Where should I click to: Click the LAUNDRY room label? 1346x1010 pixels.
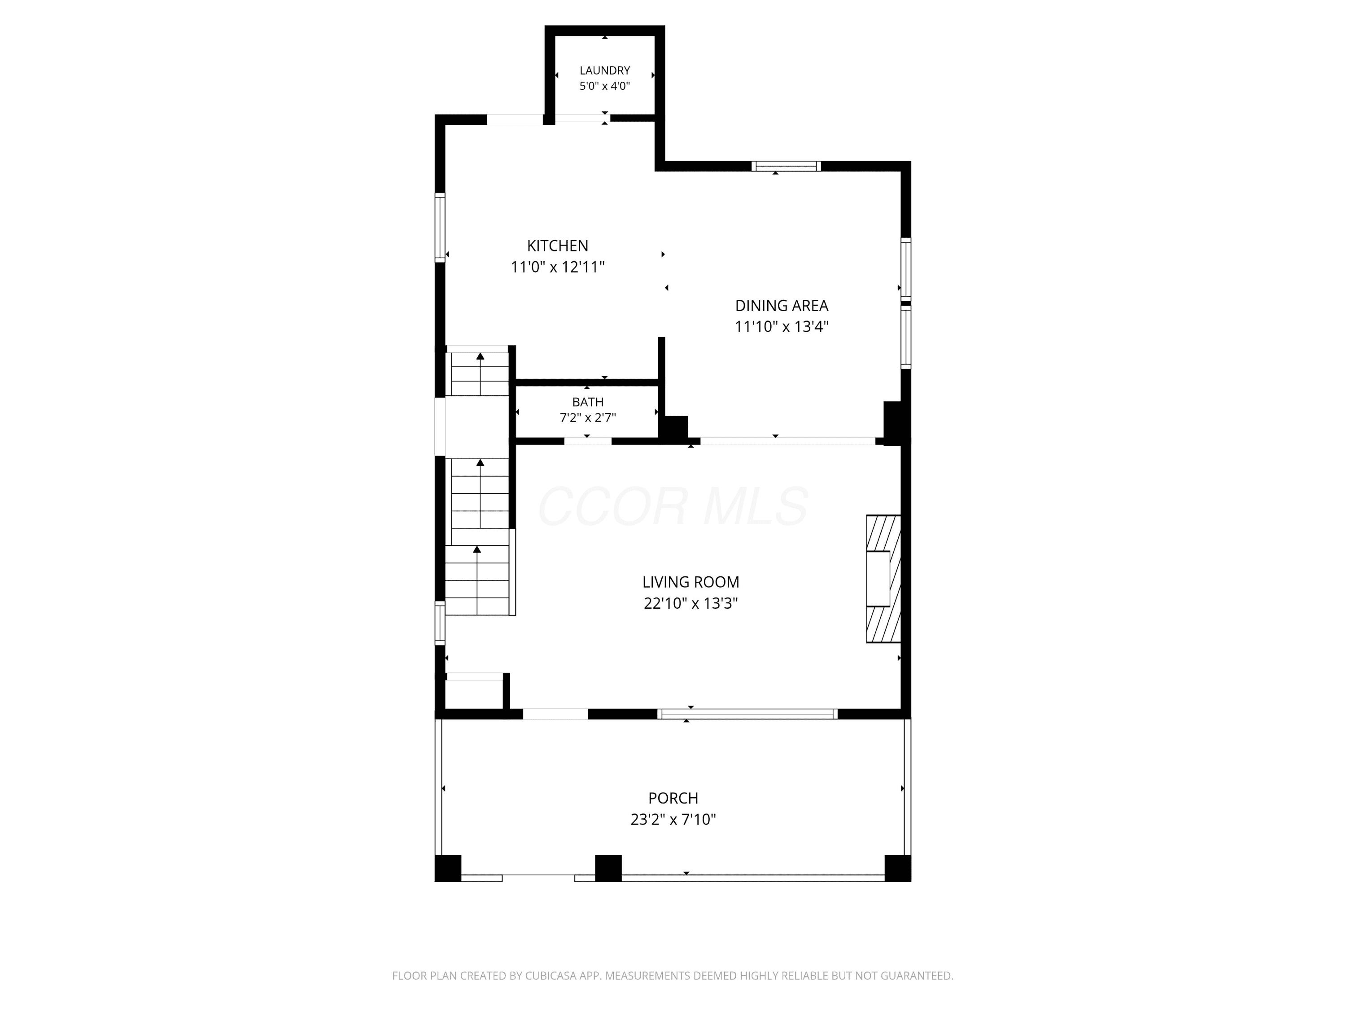pyautogui.click(x=604, y=70)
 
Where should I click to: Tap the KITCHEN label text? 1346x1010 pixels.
pyautogui.click(x=557, y=246)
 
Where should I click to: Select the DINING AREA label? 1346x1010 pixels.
pyautogui.click(x=781, y=306)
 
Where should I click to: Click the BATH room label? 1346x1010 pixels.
pyautogui.click(x=588, y=402)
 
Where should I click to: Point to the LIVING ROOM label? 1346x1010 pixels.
pyautogui.click(x=690, y=582)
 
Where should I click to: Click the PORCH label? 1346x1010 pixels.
pyautogui.click(x=673, y=798)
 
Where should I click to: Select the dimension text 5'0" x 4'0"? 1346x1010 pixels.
pyautogui.click(x=604, y=86)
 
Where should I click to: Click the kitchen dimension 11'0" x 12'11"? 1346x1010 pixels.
pyautogui.click(x=557, y=267)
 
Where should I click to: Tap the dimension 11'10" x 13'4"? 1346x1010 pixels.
pyautogui.click(x=781, y=327)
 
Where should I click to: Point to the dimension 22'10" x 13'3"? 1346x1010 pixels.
pyautogui.click(x=690, y=603)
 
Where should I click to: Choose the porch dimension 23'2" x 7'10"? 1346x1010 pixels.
pyautogui.click(x=673, y=819)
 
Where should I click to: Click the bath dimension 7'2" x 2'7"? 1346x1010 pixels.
pyautogui.click(x=588, y=417)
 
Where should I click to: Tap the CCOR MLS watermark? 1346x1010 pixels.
pyautogui.click(x=673, y=506)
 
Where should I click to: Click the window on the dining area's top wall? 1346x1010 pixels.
pyautogui.click(x=786, y=166)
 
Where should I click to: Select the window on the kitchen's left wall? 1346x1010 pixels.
pyautogui.click(x=440, y=227)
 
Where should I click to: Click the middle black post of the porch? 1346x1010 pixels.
pyautogui.click(x=608, y=868)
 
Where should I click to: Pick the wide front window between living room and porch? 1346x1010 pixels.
pyautogui.click(x=747, y=714)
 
